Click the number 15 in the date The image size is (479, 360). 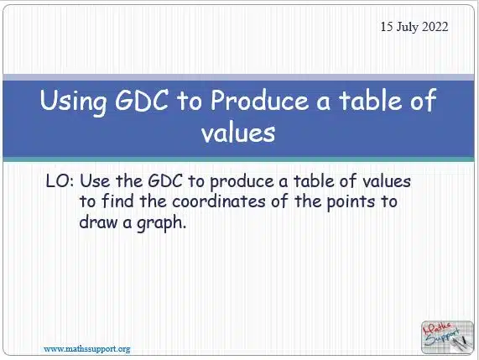pyautogui.click(x=387, y=27)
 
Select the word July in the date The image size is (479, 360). pyautogui.click(x=407, y=28)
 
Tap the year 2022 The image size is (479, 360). pyautogui.click(x=435, y=27)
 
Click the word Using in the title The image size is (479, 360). pyautogui.click(x=73, y=102)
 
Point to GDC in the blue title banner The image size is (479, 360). pyautogui.click(x=142, y=100)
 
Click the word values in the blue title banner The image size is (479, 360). pyautogui.click(x=238, y=133)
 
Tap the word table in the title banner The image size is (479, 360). pyautogui.click(x=370, y=100)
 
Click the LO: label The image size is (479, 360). pyautogui.click(x=60, y=181)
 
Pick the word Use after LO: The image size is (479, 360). pyautogui.click(x=95, y=181)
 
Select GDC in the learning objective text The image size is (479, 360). pyautogui.click(x=165, y=181)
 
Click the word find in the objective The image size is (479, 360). pyautogui.click(x=117, y=201)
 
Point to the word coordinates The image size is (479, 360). pyautogui.click(x=219, y=201)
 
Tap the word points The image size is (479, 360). pyautogui.click(x=351, y=202)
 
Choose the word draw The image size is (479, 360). pyautogui.click(x=98, y=222)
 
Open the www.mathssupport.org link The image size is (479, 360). pyautogui.click(x=87, y=349)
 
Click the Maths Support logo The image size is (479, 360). pyautogui.click(x=447, y=337)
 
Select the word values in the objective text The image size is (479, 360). pyautogui.click(x=387, y=181)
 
